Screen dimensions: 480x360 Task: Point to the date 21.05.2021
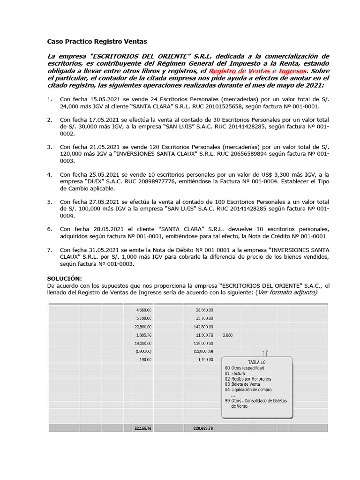[x=105, y=147]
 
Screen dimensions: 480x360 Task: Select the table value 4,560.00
[x=143, y=310]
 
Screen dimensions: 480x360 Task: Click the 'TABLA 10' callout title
[x=257, y=362]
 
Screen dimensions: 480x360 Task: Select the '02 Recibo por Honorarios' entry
[x=248, y=379]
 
